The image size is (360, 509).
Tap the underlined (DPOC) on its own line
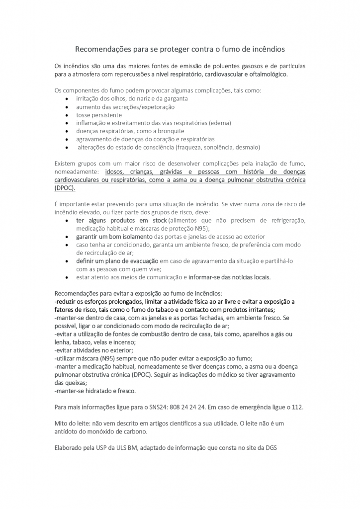(x=65, y=188)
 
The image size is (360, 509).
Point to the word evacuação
(x=142, y=260)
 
